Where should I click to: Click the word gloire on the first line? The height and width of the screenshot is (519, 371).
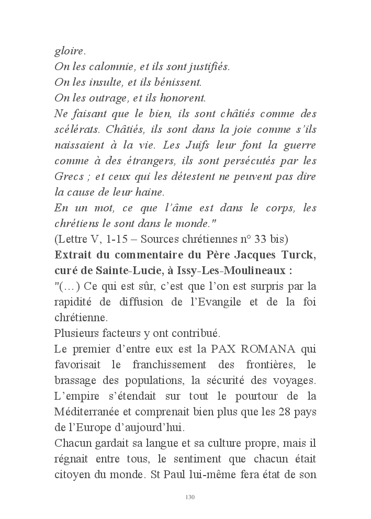pyautogui.click(x=69, y=52)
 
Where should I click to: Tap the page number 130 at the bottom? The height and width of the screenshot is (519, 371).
pyautogui.click(x=190, y=497)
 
